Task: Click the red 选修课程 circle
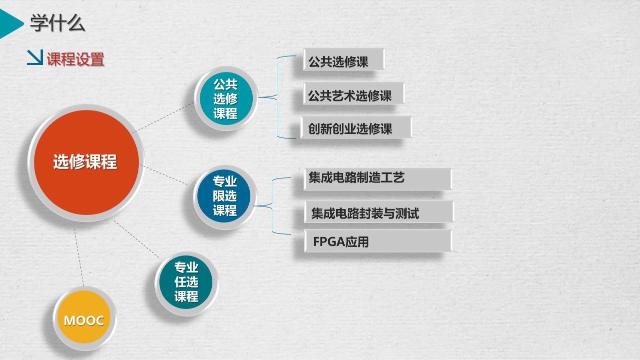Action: click(86, 162)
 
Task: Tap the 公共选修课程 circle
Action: click(226, 98)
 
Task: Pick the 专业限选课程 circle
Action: click(225, 196)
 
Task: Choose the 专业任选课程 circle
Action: click(186, 283)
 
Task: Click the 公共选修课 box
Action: click(344, 59)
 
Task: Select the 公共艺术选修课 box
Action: click(354, 93)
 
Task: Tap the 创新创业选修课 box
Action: click(356, 127)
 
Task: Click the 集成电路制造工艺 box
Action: click(378, 179)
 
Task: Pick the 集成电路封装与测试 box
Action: click(379, 212)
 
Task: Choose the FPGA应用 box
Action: click(378, 241)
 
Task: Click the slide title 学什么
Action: click(57, 23)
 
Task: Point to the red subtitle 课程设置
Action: click(75, 59)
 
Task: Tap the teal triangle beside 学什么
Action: click(11, 23)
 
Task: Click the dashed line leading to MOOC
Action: click(79, 257)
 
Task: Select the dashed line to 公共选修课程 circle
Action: click(163, 118)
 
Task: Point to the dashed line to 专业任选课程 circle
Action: click(136, 239)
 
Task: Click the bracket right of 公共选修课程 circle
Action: click(277, 97)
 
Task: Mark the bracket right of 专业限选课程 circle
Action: click(272, 206)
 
